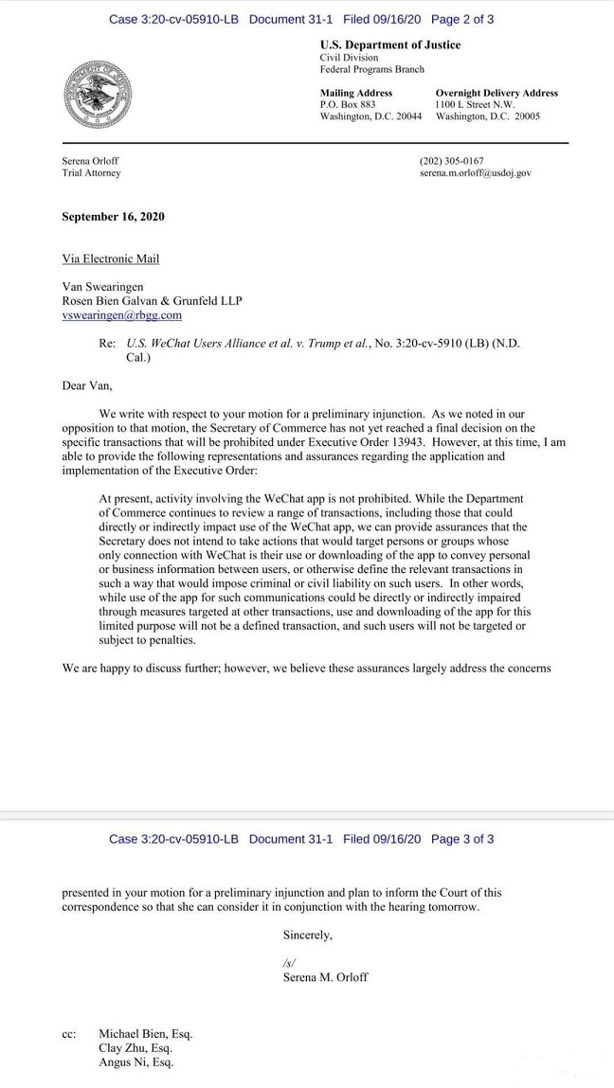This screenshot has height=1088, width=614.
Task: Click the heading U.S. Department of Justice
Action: (x=389, y=45)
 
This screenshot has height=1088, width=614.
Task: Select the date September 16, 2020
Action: (x=113, y=217)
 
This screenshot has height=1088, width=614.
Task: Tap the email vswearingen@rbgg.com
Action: (x=121, y=315)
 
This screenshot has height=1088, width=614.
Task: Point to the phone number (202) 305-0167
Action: (x=451, y=161)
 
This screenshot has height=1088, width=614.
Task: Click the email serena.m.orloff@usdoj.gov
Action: (x=475, y=173)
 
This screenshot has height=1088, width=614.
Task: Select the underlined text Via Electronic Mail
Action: (x=110, y=259)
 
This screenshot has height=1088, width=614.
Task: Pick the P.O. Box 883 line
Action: (x=348, y=104)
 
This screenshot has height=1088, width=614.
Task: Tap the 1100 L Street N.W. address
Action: (x=475, y=104)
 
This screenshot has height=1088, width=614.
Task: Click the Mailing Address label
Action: (x=355, y=93)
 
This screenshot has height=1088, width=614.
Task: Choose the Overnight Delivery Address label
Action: (x=496, y=93)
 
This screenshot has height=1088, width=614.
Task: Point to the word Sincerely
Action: (x=307, y=935)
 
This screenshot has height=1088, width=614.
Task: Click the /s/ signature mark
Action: (x=290, y=962)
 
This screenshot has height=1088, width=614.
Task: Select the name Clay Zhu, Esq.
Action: (x=135, y=1048)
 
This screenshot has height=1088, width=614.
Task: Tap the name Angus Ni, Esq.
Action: (x=135, y=1062)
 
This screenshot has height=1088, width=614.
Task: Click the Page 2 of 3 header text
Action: (x=461, y=19)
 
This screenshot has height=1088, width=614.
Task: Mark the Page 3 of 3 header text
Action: (x=461, y=839)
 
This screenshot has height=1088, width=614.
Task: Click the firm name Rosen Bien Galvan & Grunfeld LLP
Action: (x=152, y=301)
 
